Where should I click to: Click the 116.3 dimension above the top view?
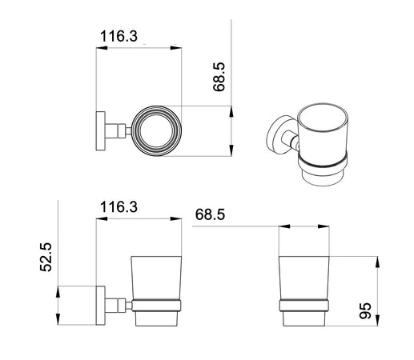117,37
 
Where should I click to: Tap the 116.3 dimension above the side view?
117,207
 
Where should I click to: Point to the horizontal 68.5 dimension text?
211,214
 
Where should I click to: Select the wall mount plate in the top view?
100,130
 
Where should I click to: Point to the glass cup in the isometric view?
324,133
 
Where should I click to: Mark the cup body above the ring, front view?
303,277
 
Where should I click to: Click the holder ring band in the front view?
303,304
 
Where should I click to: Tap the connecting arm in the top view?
119,130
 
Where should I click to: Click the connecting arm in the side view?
119,303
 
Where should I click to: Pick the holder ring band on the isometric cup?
324,165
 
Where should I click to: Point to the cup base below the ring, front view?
303,318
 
